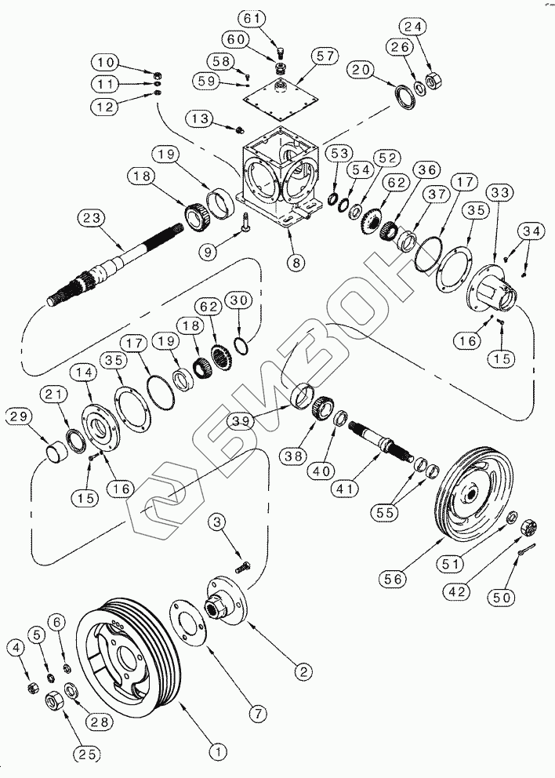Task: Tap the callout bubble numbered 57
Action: [322, 56]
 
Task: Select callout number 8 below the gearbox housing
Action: [296, 263]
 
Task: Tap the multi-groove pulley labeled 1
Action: [129, 659]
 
